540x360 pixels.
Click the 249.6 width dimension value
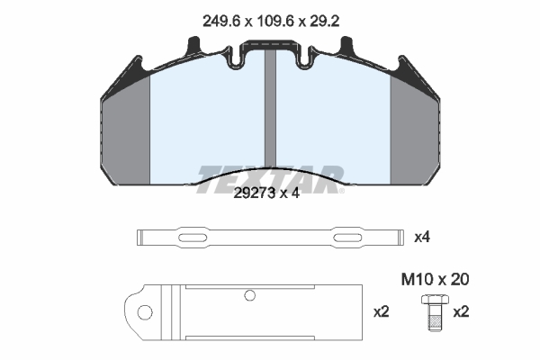(220, 22)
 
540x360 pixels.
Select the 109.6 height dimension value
(275, 22)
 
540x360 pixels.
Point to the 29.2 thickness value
(324, 22)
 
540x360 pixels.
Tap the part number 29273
(255, 193)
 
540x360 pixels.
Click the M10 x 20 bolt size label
(435, 279)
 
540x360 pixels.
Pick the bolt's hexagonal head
(435, 300)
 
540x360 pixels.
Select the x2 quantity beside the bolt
(461, 312)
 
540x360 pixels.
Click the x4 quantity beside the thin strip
(422, 238)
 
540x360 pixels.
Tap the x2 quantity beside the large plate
(382, 312)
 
